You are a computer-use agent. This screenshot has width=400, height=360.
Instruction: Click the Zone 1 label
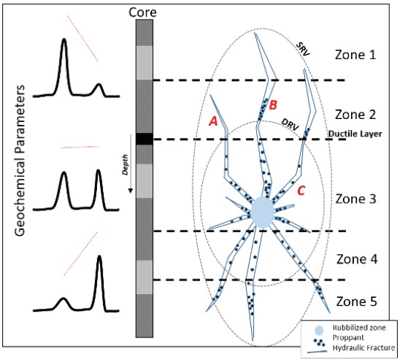[x=355, y=55]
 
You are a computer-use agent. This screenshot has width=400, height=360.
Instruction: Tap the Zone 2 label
[x=355, y=115]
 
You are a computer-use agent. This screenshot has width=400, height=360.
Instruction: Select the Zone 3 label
[x=355, y=199]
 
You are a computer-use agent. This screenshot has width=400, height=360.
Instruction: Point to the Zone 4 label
[x=357, y=259]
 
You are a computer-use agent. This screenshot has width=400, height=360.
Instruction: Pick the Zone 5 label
[x=357, y=302]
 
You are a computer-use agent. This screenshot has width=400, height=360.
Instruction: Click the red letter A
[x=213, y=120]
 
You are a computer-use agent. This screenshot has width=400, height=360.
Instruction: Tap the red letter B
[x=273, y=105]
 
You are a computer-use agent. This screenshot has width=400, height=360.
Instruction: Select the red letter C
[x=301, y=191]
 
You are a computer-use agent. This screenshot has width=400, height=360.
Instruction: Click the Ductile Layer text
[x=355, y=134]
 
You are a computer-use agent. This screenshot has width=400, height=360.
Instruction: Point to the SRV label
[x=303, y=49]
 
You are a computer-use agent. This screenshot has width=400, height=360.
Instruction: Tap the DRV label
[x=290, y=125]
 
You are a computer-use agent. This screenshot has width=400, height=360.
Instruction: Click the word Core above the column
[x=142, y=12]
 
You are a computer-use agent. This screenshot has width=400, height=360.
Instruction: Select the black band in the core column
[x=145, y=139]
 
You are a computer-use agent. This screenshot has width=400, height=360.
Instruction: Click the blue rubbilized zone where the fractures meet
[x=262, y=212]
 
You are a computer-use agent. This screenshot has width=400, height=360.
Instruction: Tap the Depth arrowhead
[x=131, y=191]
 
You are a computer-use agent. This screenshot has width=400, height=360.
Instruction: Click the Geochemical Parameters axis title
[x=20, y=161]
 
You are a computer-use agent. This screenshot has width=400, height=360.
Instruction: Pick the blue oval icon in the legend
[x=319, y=330]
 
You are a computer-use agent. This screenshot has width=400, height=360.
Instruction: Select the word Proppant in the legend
[x=348, y=337]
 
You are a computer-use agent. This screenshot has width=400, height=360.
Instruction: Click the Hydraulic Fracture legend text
[x=364, y=348]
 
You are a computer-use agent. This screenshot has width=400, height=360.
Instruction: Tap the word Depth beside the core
[x=125, y=164]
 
